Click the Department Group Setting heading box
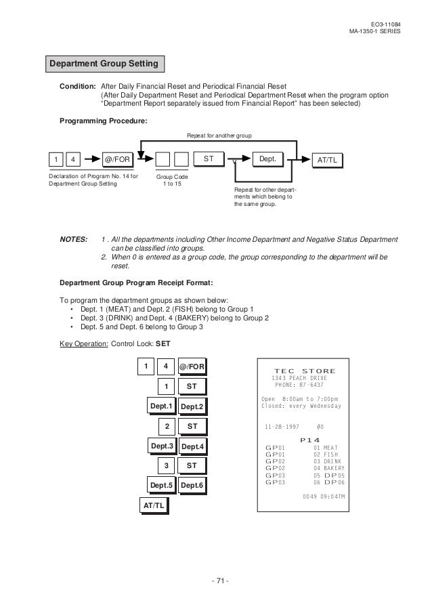[x=104, y=64]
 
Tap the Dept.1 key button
[x=163, y=406]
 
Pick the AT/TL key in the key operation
[x=153, y=506]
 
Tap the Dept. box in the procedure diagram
[x=267, y=159]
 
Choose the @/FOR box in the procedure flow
[x=118, y=160]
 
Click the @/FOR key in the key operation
[x=192, y=367]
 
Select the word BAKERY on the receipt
[x=334, y=468]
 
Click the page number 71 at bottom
[x=219, y=581]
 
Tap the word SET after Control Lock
[x=164, y=343]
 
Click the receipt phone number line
[x=299, y=385]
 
